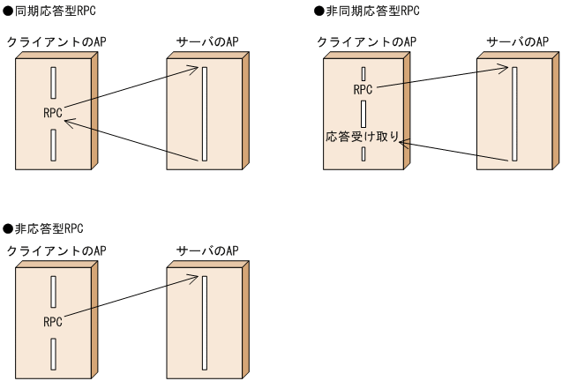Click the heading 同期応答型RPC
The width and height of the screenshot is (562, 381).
(51, 11)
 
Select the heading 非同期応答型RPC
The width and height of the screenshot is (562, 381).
(364, 11)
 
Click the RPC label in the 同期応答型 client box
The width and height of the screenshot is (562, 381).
(52, 113)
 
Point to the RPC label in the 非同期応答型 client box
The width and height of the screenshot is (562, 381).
(363, 89)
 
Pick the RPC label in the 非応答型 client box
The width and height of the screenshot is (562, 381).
(52, 322)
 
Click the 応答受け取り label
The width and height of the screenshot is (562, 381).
(363, 137)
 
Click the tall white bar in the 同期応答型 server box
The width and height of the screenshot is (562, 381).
(205, 113)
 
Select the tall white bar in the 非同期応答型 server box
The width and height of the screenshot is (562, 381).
(514, 113)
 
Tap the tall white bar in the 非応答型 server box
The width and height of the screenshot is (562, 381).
(205, 322)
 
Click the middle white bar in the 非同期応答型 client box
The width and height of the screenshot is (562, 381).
(363, 114)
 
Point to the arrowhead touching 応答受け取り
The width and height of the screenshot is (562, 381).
(404, 140)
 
